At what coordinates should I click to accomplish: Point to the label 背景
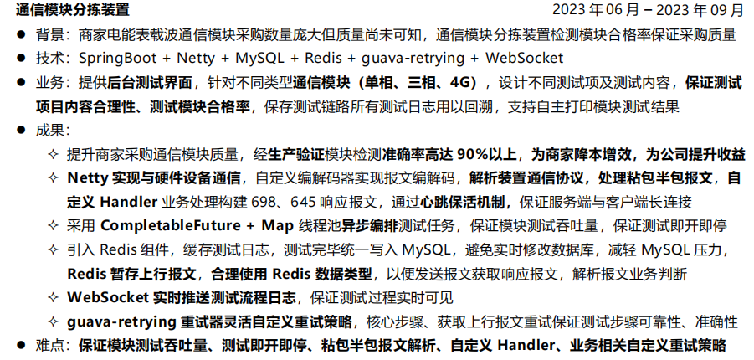(x=49, y=35)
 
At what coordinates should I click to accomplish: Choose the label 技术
(x=49, y=59)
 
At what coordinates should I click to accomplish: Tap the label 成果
(x=49, y=131)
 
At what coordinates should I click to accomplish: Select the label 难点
(x=49, y=346)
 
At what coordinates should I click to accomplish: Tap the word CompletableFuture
(x=170, y=226)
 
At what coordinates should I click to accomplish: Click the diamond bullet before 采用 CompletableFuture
(x=53, y=226)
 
